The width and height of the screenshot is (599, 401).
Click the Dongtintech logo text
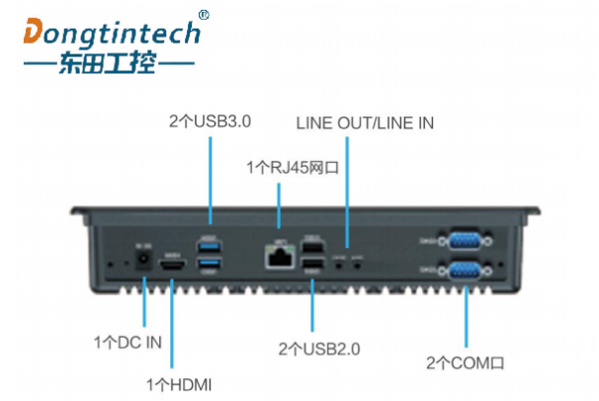pyautogui.click(x=112, y=33)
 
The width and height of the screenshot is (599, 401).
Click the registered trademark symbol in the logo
pyautogui.click(x=204, y=15)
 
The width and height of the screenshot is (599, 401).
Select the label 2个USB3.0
pyautogui.click(x=210, y=122)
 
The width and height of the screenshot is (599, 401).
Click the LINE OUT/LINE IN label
pyautogui.click(x=365, y=123)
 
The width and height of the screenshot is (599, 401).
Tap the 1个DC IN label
pyautogui.click(x=128, y=342)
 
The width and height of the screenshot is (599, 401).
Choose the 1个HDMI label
pyautogui.click(x=179, y=382)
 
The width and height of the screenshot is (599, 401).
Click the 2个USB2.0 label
pyautogui.click(x=319, y=348)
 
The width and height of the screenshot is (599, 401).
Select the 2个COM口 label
pyautogui.click(x=465, y=362)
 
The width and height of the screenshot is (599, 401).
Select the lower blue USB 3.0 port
pyautogui.click(x=211, y=264)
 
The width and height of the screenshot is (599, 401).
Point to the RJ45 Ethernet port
pyautogui.click(x=278, y=257)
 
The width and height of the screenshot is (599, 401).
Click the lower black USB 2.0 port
pyautogui.click(x=312, y=265)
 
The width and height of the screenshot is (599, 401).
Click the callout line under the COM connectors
pyautogui.click(x=465, y=316)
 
